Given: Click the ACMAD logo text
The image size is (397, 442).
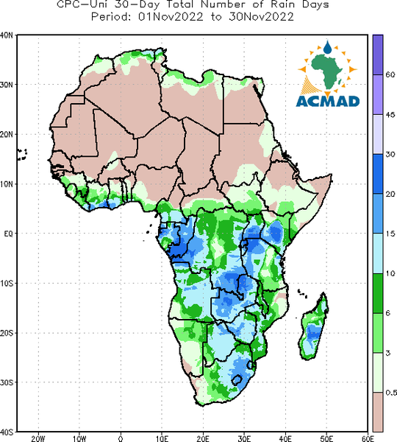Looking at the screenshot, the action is (328, 102).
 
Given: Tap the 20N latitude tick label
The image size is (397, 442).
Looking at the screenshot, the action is (7, 135).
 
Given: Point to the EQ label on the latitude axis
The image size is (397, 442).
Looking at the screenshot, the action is (8, 234).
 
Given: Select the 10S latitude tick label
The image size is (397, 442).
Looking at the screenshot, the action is (7, 284).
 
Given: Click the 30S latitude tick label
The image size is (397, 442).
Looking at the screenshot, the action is (7, 382).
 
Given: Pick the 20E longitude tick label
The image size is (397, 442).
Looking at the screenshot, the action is (203, 438).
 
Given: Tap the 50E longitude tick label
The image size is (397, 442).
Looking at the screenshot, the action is (326, 438).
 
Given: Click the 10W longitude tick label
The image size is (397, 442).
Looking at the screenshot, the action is (79, 438).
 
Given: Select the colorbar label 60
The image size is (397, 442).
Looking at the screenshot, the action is (390, 74).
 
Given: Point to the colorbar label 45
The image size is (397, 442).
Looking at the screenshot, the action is (390, 115).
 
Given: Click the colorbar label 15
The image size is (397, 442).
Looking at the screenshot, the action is (390, 234).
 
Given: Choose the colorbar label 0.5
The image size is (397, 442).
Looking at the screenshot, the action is (391, 393).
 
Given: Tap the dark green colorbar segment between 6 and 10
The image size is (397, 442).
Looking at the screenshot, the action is (378, 293).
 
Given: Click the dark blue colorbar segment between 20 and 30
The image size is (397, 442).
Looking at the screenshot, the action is (378, 174).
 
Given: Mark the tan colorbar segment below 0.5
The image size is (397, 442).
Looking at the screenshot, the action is (378, 412).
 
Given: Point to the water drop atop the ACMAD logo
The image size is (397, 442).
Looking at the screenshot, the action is (327, 47).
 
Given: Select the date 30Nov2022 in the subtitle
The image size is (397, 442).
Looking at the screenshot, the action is (261, 16).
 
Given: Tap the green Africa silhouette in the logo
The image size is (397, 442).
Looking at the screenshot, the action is (326, 69).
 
